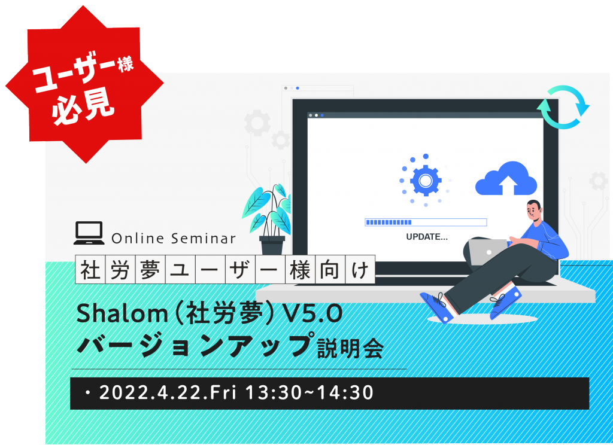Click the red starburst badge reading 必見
84,84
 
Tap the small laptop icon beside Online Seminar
89,233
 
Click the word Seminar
204,238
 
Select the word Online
138,238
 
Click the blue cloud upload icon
506,178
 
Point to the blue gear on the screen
426,181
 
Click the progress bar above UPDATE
426,222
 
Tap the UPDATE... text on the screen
427,237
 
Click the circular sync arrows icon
563,107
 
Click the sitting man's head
533,211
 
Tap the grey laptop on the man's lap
488,252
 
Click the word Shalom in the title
122,313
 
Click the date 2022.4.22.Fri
168,392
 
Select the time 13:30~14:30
309,392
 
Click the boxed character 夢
150,270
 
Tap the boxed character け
360,270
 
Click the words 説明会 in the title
350,349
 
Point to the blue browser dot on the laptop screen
322,115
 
